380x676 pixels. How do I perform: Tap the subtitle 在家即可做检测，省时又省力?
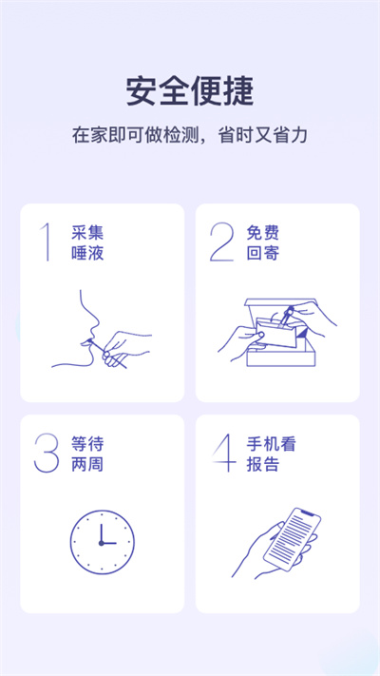tap(190, 134)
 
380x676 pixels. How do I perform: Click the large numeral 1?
tap(46, 242)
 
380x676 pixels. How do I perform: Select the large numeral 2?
tap(221, 242)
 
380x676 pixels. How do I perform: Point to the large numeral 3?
tap(47, 454)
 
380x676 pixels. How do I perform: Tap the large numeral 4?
tap(222, 454)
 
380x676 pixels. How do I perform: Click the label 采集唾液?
tap(85, 242)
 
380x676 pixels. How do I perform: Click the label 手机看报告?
tap(268, 454)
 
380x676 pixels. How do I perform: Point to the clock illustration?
tap(102, 542)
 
